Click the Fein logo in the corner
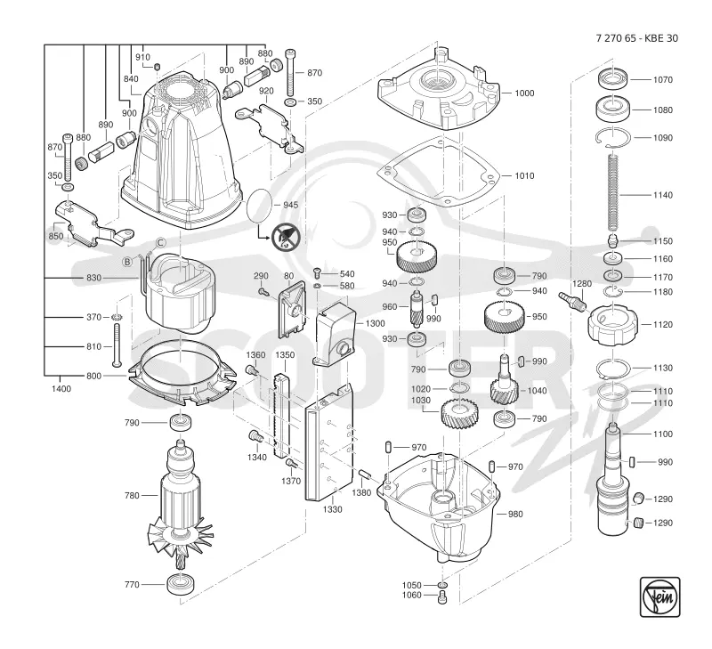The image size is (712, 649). click(x=659, y=596)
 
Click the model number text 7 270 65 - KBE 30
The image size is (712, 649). click(x=636, y=38)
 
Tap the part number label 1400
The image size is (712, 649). click(x=61, y=389)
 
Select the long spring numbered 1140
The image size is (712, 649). click(x=613, y=192)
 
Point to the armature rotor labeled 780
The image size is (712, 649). click(x=181, y=504)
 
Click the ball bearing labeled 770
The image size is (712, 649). click(x=182, y=584)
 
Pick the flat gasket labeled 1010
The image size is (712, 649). click(x=439, y=172)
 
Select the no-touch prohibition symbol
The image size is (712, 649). click(x=285, y=237)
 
